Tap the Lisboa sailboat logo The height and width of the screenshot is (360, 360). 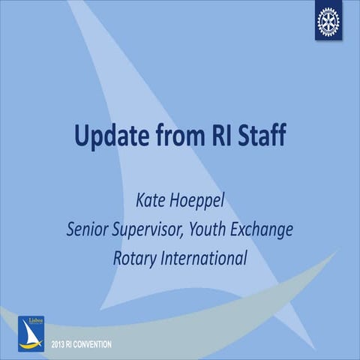tap(31, 333)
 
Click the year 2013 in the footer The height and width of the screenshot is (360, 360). tap(58, 344)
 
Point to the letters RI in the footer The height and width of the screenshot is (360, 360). tap(72, 344)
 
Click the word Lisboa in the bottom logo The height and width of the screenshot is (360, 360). tap(31, 320)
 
